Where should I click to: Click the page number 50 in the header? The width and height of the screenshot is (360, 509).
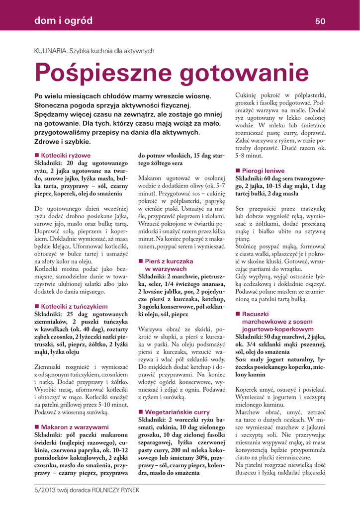320,21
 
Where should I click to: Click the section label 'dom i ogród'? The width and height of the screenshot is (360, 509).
63,20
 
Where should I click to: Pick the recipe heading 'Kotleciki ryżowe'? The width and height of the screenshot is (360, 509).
66,155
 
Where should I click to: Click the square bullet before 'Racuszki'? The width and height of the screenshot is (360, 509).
238,314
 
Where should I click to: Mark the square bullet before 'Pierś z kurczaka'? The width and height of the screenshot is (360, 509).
141,261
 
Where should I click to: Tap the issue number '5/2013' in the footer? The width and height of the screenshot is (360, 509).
44,490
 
